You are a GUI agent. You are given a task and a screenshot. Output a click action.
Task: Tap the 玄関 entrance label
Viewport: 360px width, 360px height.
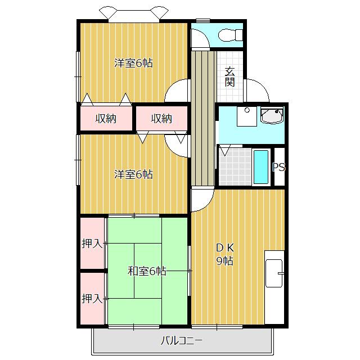[230, 76]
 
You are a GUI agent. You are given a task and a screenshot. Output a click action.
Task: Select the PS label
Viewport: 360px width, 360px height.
[278, 167]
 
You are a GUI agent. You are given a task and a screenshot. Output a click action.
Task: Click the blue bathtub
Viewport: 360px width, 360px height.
[261, 166]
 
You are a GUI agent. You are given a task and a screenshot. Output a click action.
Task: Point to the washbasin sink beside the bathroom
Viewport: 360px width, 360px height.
[272, 117]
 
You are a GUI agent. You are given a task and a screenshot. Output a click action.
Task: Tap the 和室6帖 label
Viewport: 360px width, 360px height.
[147, 271]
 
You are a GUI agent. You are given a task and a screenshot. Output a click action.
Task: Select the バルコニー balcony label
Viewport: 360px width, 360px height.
[181, 340]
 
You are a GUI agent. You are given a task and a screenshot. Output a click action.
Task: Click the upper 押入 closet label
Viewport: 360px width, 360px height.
[92, 244]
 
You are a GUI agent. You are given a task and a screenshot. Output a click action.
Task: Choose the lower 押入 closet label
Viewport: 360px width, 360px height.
[92, 298]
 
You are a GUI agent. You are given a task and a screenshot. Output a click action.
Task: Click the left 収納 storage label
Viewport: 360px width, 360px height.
[105, 119]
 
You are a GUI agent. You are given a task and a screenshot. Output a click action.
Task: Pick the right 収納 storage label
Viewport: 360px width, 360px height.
[161, 119]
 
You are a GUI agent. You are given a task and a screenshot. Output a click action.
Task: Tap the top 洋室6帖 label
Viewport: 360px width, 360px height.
[133, 63]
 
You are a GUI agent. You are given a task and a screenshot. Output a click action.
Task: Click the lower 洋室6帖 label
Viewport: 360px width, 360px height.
[133, 174]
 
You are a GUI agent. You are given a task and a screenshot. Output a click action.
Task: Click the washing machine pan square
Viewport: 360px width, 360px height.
[245, 116]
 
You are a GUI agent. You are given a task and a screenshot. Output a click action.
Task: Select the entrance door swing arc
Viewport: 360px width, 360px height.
[256, 90]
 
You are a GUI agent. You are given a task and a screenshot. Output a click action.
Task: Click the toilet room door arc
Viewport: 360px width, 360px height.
[199, 38]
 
